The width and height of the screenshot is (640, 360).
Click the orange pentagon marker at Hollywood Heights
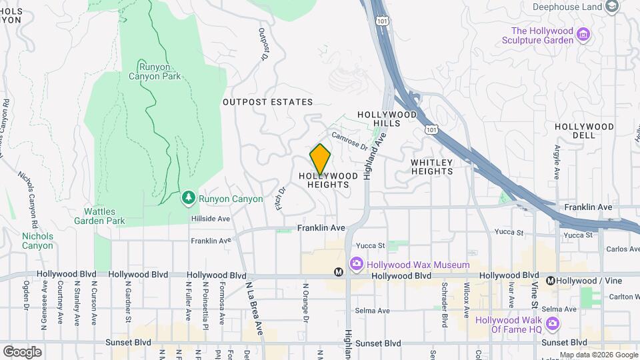[x=321, y=159]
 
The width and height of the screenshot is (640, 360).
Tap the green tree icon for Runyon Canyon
[x=189, y=198]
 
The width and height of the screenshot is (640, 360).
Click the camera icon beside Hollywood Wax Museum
[x=356, y=265]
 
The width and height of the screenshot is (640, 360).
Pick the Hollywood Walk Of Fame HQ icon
[x=551, y=324]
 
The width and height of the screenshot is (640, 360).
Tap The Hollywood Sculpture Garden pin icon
[x=583, y=35]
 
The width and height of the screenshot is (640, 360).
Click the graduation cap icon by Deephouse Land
[x=611, y=7]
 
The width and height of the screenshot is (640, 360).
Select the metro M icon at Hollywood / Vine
[x=551, y=281]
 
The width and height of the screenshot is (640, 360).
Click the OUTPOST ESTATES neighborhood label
[x=267, y=102]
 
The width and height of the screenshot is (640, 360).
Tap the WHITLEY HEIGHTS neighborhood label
[x=432, y=167]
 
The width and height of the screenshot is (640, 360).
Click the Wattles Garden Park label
[x=99, y=216]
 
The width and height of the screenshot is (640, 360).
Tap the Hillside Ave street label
[x=211, y=219]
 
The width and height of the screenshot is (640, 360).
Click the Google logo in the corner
[x=21, y=351]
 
